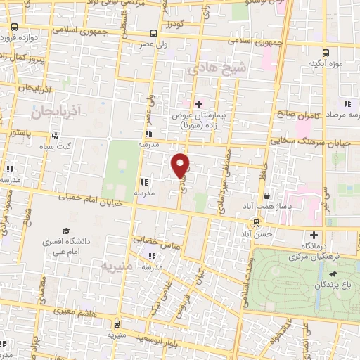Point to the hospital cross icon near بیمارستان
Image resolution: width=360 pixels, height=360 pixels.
click(199, 104)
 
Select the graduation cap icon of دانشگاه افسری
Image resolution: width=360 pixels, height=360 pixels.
click(65, 231)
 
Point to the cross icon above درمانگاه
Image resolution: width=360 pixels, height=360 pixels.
click(314, 234)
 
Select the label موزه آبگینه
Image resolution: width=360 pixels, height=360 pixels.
click(325, 65)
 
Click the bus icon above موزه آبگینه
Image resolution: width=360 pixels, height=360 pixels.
click(325, 52)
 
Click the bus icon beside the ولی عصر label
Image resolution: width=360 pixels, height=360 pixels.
click(154, 33)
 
